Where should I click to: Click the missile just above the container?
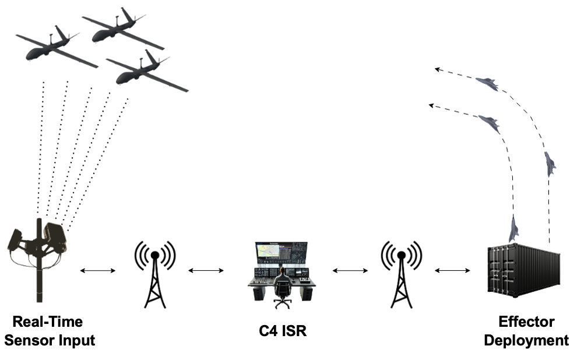point(513,228)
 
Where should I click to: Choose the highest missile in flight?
point(487,84)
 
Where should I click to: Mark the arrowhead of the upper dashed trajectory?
point(437,69)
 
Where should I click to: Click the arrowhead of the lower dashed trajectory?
point(431,105)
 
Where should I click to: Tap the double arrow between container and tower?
point(453,270)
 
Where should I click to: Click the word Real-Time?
point(48,322)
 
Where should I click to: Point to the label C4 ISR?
point(282,331)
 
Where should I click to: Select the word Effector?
point(526,322)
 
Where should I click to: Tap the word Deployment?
point(526,341)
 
